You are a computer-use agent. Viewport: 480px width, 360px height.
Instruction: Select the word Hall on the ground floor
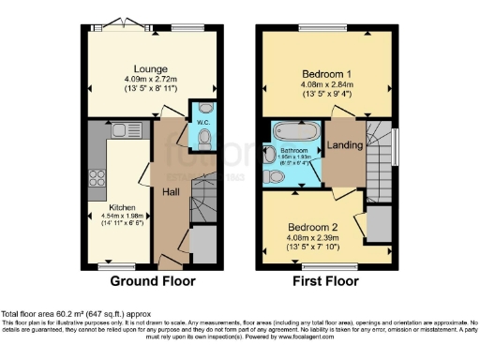[172, 191]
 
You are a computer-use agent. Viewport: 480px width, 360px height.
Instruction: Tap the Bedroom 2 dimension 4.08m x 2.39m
[325, 239]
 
